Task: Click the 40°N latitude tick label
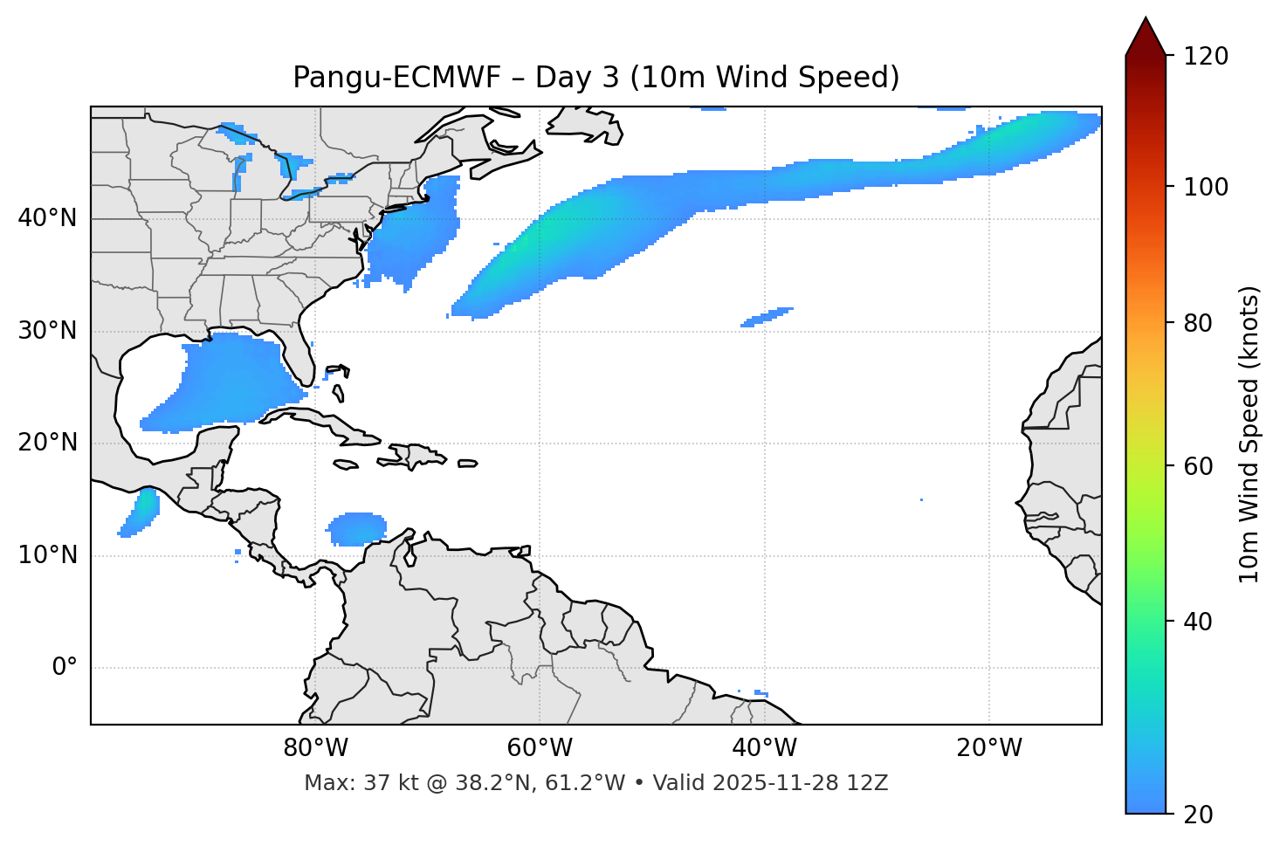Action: [47, 218]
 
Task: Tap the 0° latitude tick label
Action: [64, 668]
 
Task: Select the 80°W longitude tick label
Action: [315, 748]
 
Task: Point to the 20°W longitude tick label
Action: [989, 748]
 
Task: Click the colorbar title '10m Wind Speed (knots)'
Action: [1249, 435]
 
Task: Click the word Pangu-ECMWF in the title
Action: [397, 78]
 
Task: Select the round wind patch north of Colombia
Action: [356, 529]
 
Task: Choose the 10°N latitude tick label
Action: [47, 555]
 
